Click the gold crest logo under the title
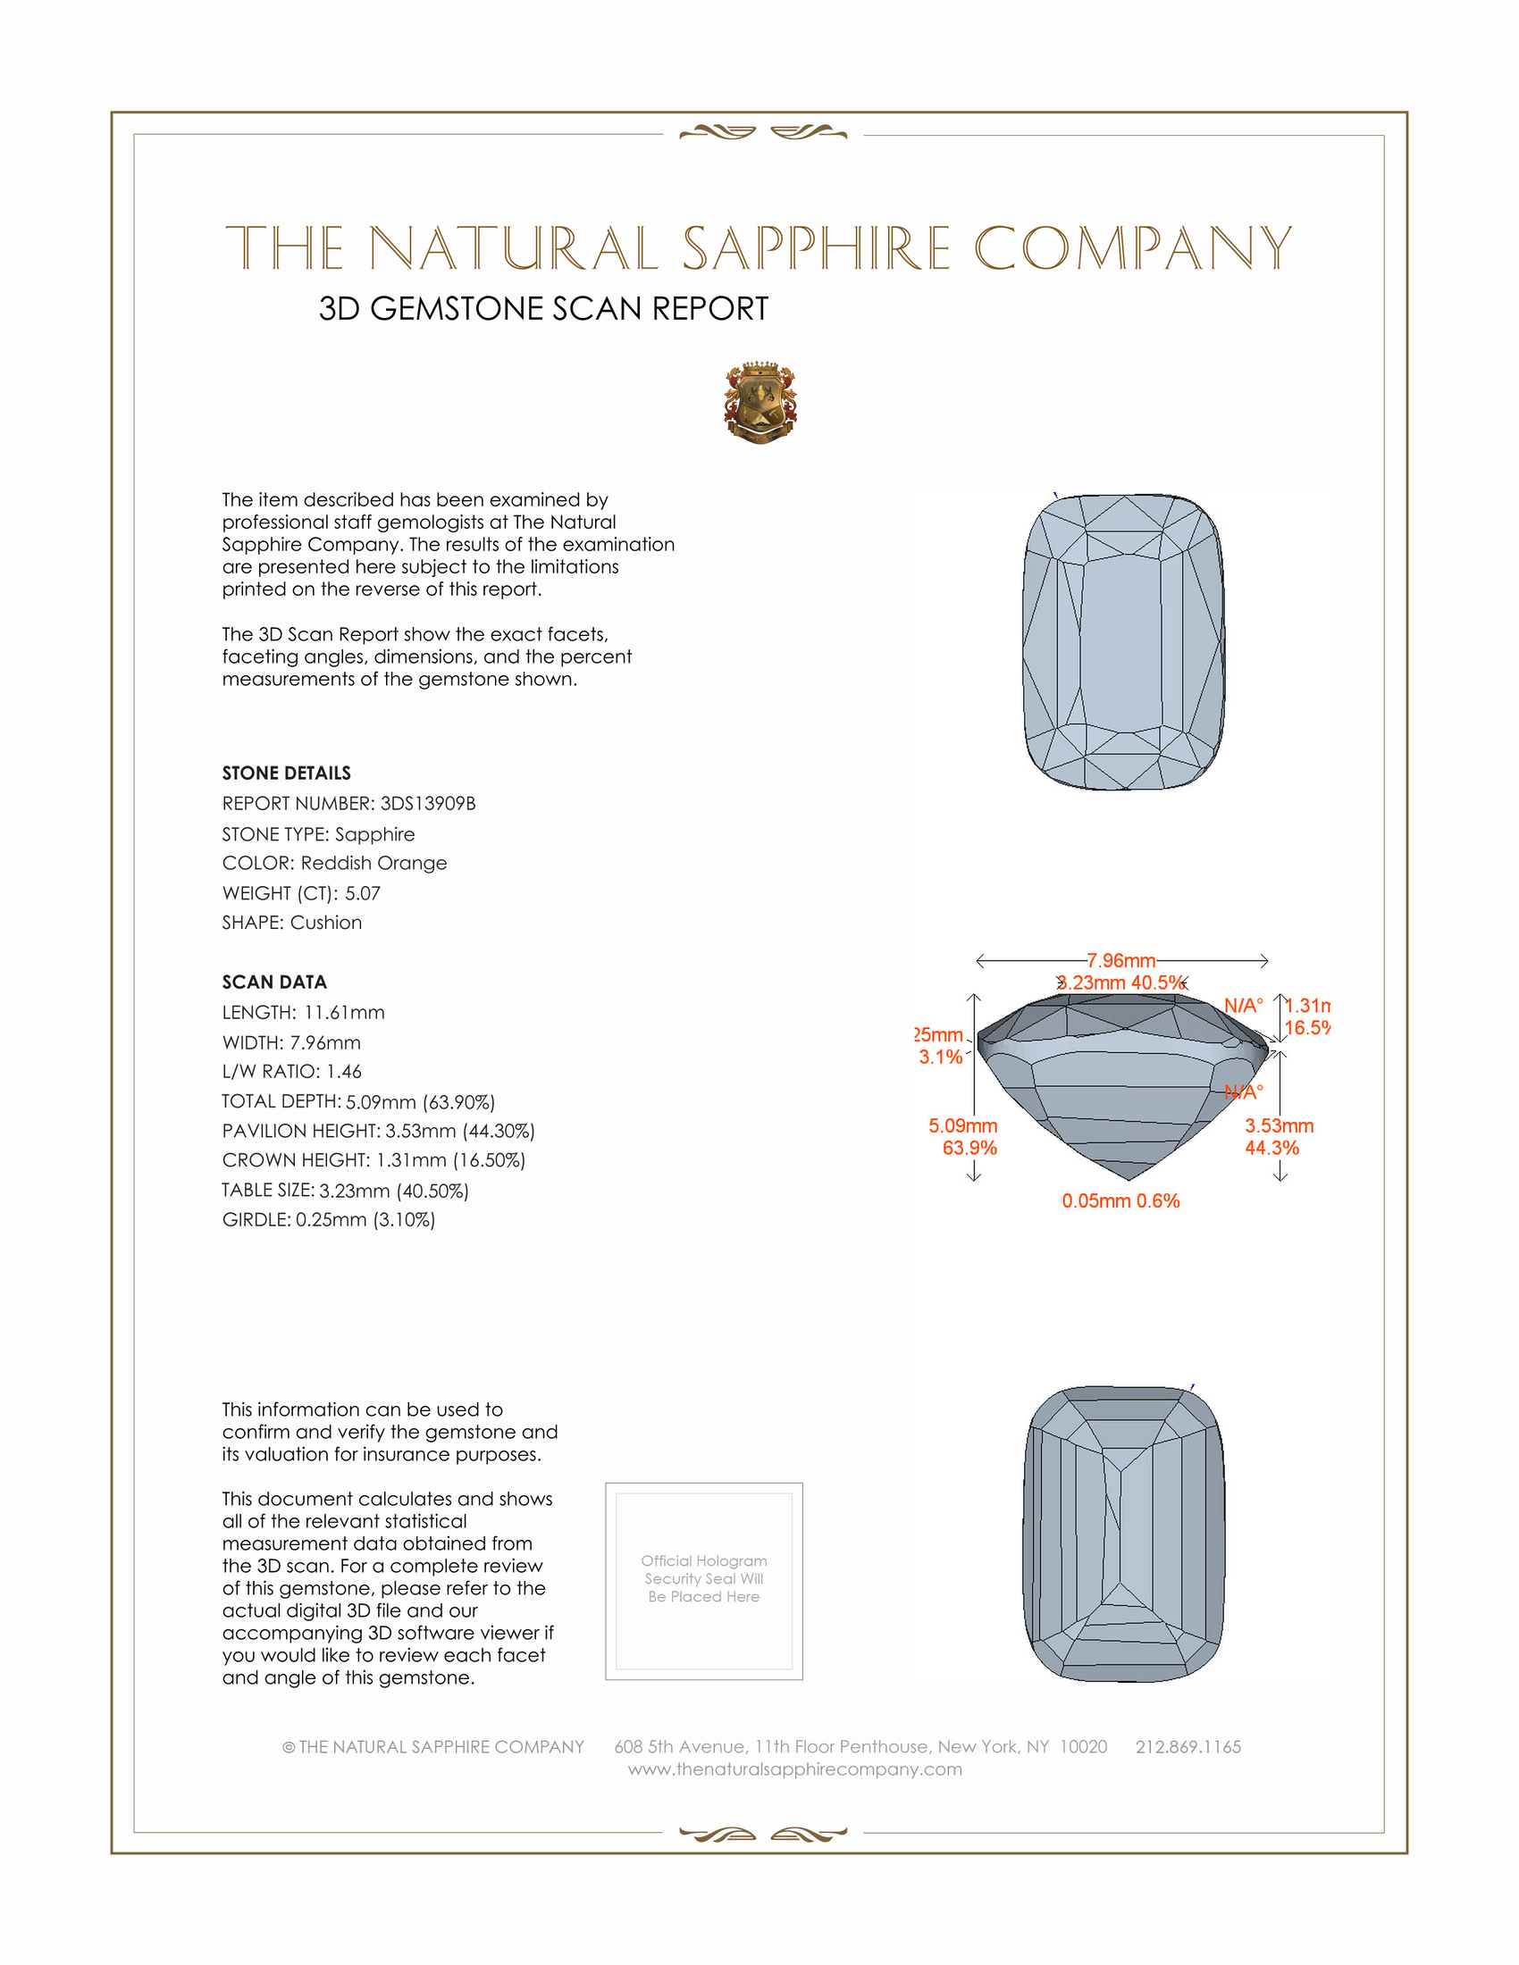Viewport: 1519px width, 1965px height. tap(760, 403)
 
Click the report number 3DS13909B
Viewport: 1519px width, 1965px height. tap(427, 804)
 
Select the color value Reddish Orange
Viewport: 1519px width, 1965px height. tap(373, 863)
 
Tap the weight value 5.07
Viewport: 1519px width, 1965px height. tap(363, 893)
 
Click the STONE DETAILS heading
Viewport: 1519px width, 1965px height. tap(286, 773)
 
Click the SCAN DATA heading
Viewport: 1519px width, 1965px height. tap(274, 982)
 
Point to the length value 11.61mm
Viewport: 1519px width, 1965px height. tap(344, 1012)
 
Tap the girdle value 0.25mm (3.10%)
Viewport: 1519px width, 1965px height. tap(365, 1220)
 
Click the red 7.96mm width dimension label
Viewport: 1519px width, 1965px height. tap(1120, 961)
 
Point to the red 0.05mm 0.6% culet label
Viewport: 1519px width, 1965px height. tap(1120, 1200)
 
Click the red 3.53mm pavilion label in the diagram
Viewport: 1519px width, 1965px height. tap(1279, 1125)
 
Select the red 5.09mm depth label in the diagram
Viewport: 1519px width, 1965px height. tap(963, 1125)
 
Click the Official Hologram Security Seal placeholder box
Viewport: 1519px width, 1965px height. tap(704, 1581)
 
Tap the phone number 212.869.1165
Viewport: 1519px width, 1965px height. tap(1188, 1746)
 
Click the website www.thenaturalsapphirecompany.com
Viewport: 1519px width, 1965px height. tap(794, 1768)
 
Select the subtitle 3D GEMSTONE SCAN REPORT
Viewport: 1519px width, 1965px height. tap(543, 309)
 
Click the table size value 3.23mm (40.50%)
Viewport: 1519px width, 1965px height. tap(393, 1191)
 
